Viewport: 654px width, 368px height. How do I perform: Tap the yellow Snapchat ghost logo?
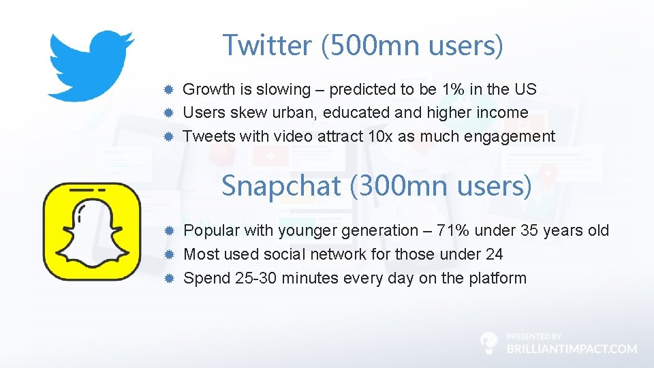pos(91,232)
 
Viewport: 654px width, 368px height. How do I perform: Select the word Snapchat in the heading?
pos(281,185)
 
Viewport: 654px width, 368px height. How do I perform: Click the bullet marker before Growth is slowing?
pos(170,89)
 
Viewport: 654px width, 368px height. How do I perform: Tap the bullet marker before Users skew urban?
pos(170,113)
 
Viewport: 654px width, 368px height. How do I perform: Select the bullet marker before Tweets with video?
pos(170,136)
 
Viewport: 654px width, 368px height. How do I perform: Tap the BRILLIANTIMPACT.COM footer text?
pos(572,348)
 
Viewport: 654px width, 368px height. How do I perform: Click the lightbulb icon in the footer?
pos(489,343)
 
